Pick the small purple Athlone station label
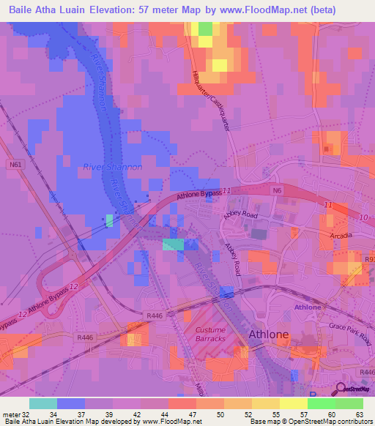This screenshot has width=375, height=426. click(x=308, y=307)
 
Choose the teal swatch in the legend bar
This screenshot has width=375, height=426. click(x=43, y=403)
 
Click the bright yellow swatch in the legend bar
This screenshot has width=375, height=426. click(x=293, y=403)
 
